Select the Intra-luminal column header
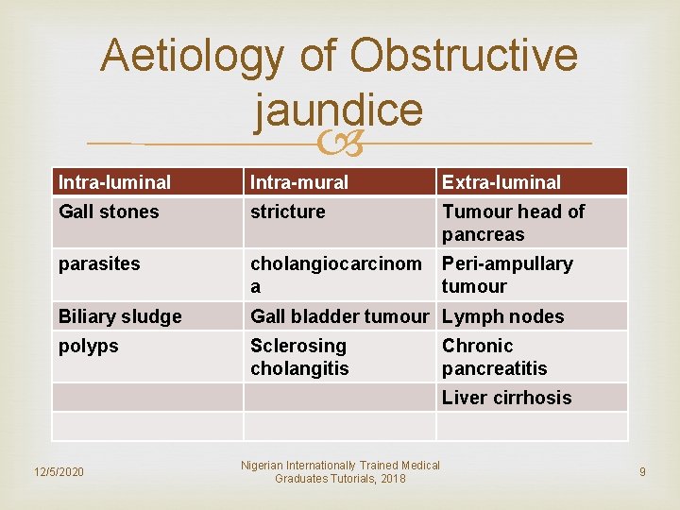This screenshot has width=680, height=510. [114, 182]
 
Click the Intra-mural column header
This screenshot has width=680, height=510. [299, 182]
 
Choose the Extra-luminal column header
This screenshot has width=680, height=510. [501, 182]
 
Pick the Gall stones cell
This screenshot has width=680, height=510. [110, 212]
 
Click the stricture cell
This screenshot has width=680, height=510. [287, 212]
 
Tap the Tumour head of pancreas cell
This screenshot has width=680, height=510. [514, 223]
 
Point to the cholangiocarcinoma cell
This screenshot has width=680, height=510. [335, 275]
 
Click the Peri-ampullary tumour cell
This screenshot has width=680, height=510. [507, 275]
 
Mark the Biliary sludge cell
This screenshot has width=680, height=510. [120, 316]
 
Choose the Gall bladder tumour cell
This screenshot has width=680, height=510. [339, 316]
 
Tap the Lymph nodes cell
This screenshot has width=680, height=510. [502, 316]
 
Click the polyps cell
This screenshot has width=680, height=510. [89, 346]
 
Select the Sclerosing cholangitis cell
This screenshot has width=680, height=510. [299, 357]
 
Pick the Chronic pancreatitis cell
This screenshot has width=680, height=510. [495, 357]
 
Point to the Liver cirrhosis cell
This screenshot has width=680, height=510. [507, 398]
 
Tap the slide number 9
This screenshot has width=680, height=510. [642, 471]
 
